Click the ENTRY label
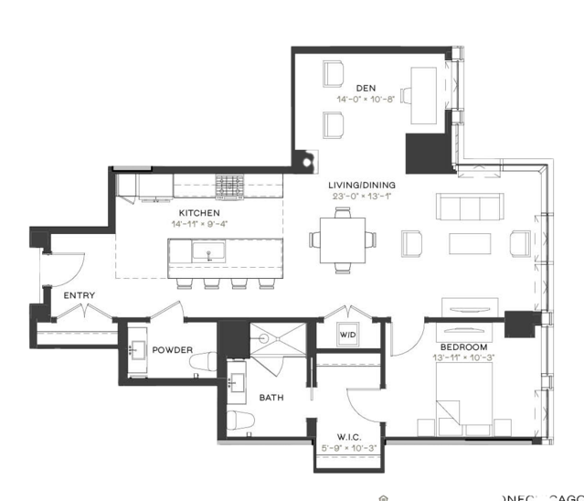pyautogui.click(x=80, y=295)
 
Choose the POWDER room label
pyautogui.click(x=172, y=350)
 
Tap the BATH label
pyautogui.click(x=271, y=398)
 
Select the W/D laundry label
pyautogui.click(x=348, y=334)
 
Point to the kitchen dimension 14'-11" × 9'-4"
pyautogui.click(x=199, y=222)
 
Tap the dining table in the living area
pyautogui.click(x=343, y=240)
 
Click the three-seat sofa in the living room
pyautogui.click(x=468, y=208)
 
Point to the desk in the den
pyautogui.click(x=424, y=95)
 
